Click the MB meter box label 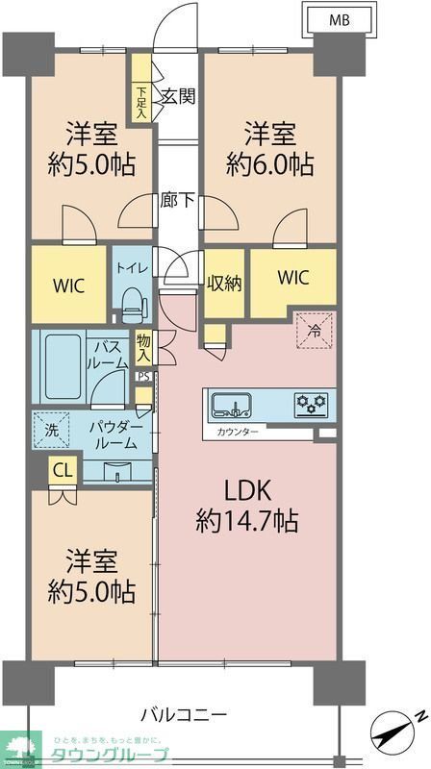pos(340,19)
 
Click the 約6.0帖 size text pos(269,163)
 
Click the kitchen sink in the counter pos(231,403)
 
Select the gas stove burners pos(310,403)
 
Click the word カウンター pos(239,433)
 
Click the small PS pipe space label pos(143,378)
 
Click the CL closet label pos(62,471)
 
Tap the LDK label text pos(248,490)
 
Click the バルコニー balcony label pos(183,715)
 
